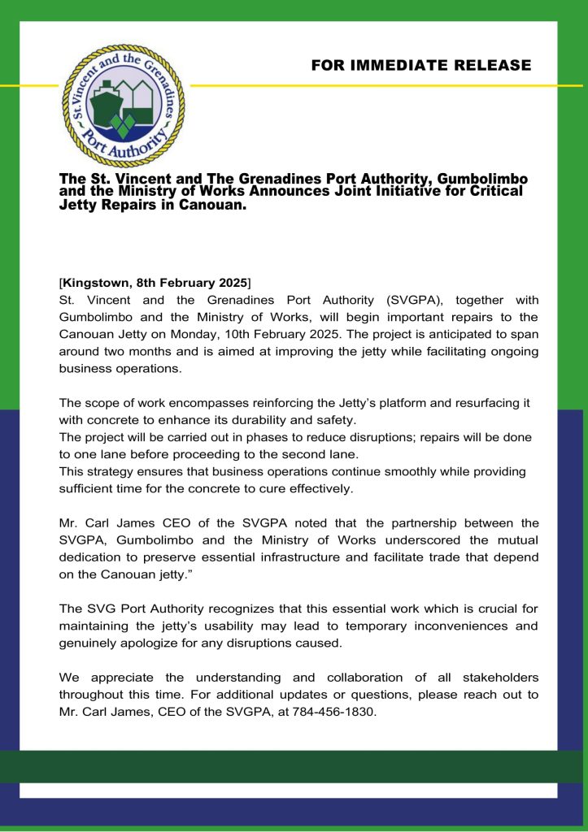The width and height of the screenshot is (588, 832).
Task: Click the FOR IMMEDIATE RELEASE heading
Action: (420, 66)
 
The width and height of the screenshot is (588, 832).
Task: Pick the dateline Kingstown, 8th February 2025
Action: (155, 283)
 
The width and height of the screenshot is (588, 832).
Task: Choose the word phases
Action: (268, 437)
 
